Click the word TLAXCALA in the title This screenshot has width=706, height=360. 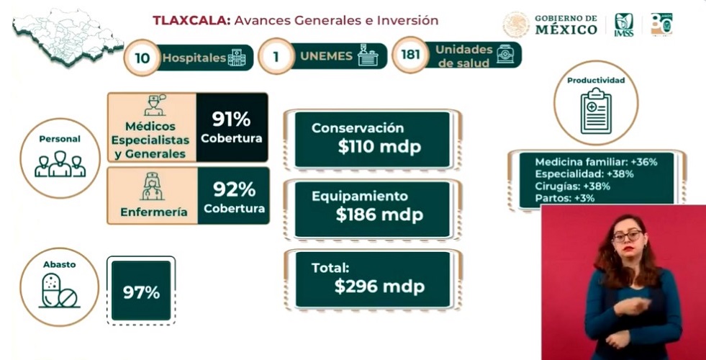(x=191, y=20)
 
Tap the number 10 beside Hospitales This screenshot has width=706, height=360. (x=142, y=58)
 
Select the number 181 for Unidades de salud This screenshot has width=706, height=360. (x=410, y=55)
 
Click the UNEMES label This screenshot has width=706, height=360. (x=327, y=56)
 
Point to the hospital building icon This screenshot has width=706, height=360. (x=236, y=58)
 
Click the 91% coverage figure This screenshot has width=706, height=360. (x=232, y=120)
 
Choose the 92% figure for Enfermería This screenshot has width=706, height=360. (x=234, y=190)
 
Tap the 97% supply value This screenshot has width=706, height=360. (x=141, y=293)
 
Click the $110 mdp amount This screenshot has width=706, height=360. (x=379, y=147)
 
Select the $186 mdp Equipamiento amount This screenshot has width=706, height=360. (x=379, y=215)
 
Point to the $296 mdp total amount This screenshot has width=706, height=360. (x=379, y=287)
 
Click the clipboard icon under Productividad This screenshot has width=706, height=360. (x=596, y=111)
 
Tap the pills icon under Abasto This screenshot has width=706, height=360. (x=60, y=291)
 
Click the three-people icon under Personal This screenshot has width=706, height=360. (x=60, y=163)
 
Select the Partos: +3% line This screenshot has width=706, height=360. (x=565, y=198)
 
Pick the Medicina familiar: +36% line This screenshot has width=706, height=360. (x=597, y=162)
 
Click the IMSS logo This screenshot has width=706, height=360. (x=624, y=24)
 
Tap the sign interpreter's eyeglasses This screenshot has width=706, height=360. (x=628, y=236)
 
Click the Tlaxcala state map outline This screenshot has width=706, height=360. (x=68, y=37)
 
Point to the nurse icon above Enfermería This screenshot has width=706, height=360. (x=152, y=186)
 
